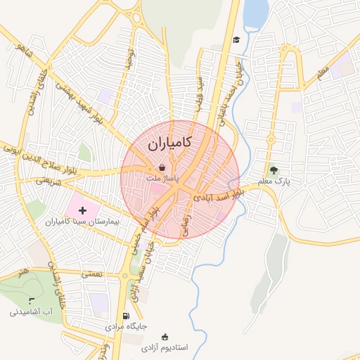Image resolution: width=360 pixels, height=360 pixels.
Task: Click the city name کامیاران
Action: point(171,146)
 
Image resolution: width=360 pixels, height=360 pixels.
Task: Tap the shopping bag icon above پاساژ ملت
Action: point(162,168)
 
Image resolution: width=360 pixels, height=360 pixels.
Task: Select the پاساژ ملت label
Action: point(162,179)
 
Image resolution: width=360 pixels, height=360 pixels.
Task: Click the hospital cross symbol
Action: point(83,209)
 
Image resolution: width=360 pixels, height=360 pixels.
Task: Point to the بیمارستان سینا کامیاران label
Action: point(84,221)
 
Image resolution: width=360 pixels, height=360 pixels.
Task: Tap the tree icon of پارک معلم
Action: point(274,169)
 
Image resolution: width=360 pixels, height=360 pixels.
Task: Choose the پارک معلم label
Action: point(274,181)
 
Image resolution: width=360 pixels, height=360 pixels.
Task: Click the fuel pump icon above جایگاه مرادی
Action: point(126,316)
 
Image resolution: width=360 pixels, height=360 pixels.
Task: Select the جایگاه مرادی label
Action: point(126,327)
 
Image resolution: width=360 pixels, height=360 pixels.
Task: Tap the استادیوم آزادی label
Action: point(165,347)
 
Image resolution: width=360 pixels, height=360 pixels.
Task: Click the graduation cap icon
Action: point(237,39)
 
